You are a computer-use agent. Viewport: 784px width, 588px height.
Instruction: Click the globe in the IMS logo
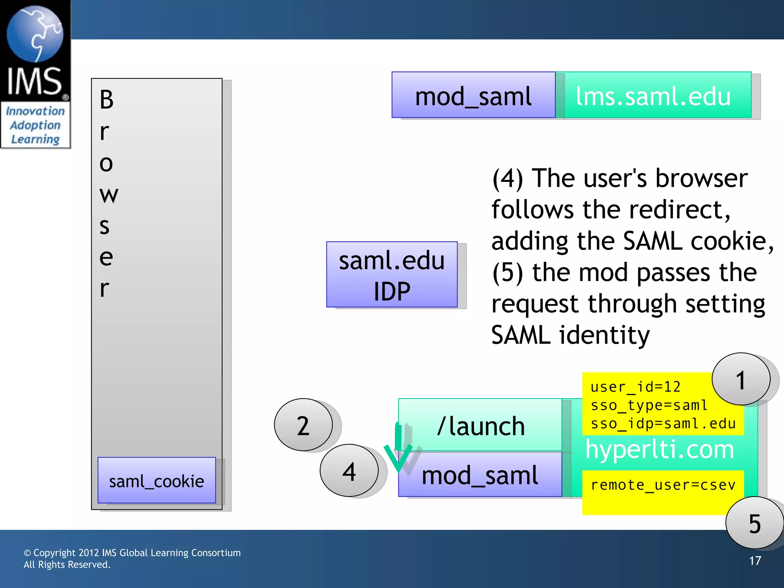click(x=35, y=34)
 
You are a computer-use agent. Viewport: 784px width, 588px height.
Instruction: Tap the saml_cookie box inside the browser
click(x=157, y=480)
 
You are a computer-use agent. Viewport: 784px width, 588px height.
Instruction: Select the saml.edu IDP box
click(x=392, y=274)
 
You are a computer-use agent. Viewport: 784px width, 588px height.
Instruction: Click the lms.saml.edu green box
click(x=653, y=95)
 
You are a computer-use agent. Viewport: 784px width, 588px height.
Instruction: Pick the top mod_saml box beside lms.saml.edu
click(x=473, y=95)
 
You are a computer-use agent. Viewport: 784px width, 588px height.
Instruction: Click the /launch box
click(x=480, y=425)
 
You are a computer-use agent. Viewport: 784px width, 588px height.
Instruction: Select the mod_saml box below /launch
click(x=480, y=475)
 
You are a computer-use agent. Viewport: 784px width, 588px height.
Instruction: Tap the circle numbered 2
click(x=303, y=425)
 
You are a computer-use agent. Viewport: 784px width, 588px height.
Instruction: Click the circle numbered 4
click(x=349, y=471)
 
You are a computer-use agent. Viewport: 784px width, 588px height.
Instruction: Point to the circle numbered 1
click(x=741, y=379)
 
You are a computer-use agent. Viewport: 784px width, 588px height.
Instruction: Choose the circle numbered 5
click(x=754, y=523)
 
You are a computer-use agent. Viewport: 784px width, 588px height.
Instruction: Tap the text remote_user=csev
click(x=663, y=485)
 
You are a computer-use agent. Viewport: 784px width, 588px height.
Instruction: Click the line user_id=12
click(x=635, y=387)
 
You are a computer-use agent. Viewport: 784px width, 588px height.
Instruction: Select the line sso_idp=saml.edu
click(x=663, y=424)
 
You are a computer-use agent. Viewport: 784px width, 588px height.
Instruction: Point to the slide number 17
click(x=755, y=561)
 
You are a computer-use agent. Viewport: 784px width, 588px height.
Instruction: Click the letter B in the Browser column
click(x=106, y=100)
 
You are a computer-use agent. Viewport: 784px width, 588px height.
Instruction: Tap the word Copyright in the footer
click(x=54, y=553)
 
